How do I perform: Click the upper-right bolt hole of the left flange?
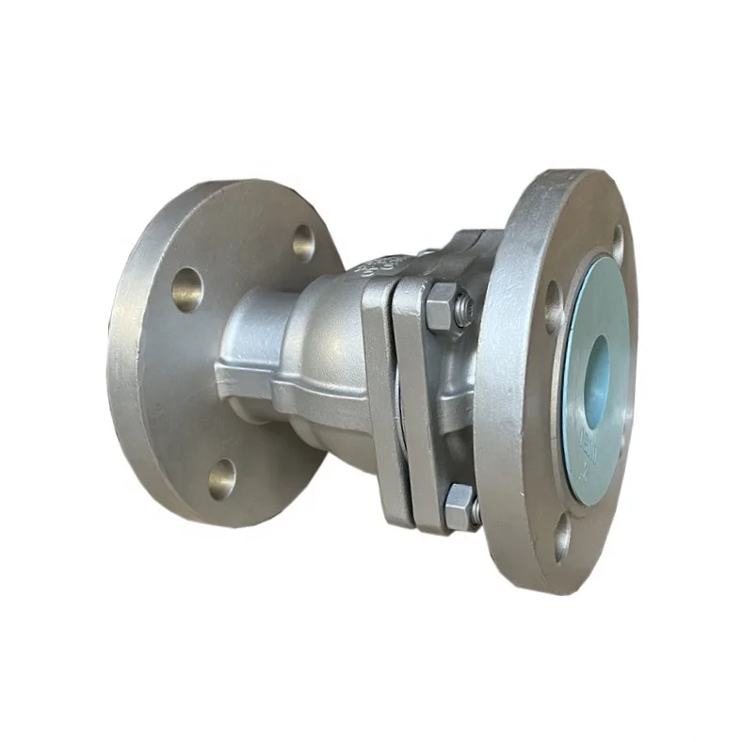click(x=303, y=243)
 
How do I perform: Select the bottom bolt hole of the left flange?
click(x=222, y=478)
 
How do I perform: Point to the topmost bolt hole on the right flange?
click(x=617, y=243)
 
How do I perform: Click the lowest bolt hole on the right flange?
click(x=562, y=540)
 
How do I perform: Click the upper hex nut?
click(x=439, y=308)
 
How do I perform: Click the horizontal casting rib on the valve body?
click(x=282, y=381)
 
